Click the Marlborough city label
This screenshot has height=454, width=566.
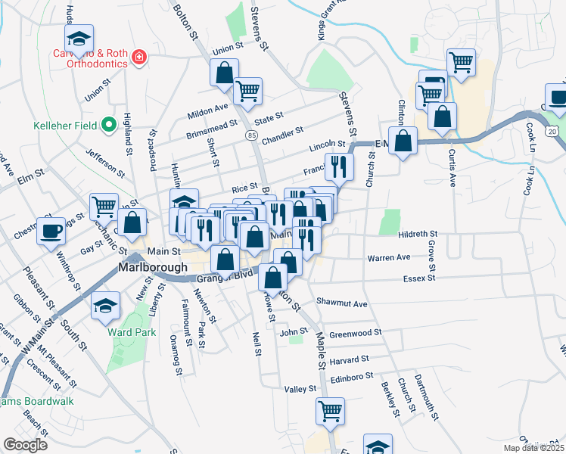tap(153, 268)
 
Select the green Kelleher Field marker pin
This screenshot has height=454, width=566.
tap(108, 123)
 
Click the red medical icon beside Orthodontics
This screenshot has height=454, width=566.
tap(138, 57)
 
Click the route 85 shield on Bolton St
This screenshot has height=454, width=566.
tap(250, 135)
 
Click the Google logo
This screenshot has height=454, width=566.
tap(25, 444)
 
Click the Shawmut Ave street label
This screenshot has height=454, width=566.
tap(341, 303)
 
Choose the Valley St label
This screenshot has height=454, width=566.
tap(300, 389)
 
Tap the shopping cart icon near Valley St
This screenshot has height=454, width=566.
tap(330, 411)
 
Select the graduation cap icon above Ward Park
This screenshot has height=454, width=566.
tap(105, 304)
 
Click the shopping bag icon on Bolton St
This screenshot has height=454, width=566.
tap(224, 74)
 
